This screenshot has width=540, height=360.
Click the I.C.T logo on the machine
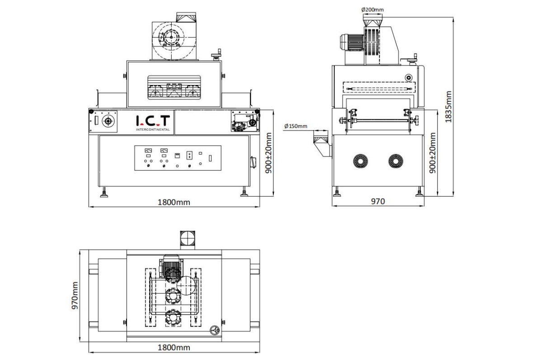tap(153, 121)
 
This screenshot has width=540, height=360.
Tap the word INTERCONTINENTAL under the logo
tap(153, 129)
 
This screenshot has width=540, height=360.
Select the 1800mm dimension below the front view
tap(174, 202)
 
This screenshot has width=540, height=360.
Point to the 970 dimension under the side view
tap(378, 202)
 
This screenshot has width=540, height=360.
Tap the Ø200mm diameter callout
tap(373, 9)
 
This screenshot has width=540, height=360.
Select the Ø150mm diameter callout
tap(296, 126)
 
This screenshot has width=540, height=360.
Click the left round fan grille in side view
tap(360, 161)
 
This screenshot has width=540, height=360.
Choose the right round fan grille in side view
tap(396, 161)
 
